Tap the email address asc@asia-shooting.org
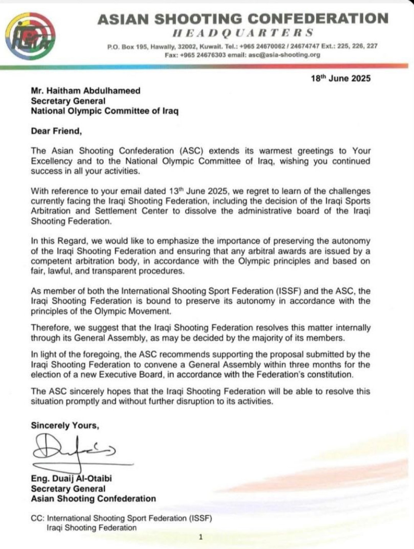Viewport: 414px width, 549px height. (284, 55)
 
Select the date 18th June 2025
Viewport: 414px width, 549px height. (340, 79)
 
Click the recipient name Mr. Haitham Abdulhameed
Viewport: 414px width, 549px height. (85, 91)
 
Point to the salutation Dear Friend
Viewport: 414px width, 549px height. (56, 131)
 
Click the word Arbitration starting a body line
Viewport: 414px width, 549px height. (51, 211)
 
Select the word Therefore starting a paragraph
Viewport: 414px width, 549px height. (50, 328)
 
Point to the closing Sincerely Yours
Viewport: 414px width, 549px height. (65, 426)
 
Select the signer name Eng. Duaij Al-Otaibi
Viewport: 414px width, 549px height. (71, 478)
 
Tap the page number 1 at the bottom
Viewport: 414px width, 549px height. (200, 537)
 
